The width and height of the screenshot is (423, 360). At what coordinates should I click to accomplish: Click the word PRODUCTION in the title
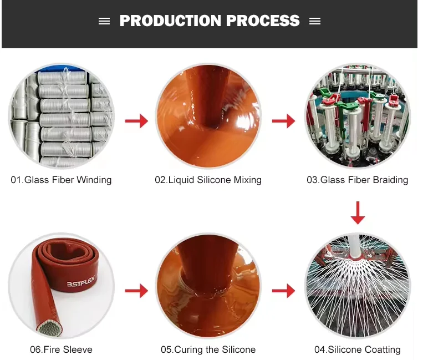[162, 21]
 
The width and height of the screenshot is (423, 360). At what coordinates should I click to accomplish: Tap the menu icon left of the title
[104, 21]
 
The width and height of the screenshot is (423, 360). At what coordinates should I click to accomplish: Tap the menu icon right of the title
[315, 21]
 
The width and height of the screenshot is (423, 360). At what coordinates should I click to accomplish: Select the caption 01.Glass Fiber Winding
[61, 180]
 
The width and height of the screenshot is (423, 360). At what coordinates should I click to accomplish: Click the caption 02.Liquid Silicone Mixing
[208, 180]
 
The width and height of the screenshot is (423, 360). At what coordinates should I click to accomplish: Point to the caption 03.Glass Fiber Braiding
[357, 180]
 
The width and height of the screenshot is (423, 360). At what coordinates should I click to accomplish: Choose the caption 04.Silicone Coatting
[357, 349]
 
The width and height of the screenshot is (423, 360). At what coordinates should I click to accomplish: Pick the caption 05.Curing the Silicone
[208, 349]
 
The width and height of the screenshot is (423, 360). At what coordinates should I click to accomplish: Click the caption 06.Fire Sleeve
[61, 349]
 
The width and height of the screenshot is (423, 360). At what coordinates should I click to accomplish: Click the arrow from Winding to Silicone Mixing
[136, 120]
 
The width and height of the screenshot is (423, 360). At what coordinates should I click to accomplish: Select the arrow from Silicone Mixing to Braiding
[283, 120]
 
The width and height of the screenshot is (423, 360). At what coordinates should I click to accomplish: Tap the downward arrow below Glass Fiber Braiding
[358, 212]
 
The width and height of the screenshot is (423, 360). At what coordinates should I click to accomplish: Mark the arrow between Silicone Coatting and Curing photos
[283, 290]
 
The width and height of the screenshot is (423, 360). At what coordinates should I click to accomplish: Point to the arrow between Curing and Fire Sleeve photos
[136, 290]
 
